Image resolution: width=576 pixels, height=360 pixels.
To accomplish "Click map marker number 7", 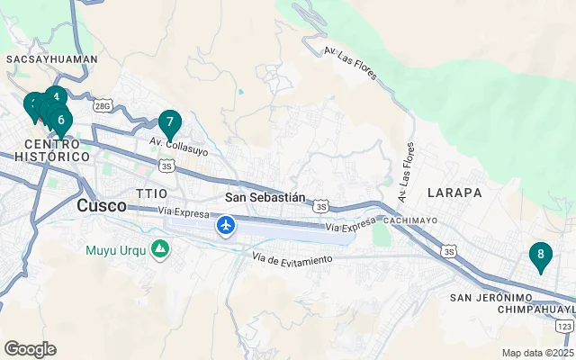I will click(x=169, y=122).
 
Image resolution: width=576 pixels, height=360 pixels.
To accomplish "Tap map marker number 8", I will click(x=540, y=256).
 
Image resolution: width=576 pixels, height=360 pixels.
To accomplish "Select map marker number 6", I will click(x=60, y=119).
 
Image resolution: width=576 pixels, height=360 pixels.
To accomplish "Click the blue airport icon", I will click(x=225, y=224).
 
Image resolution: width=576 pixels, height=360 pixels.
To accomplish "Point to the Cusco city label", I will click(x=101, y=205).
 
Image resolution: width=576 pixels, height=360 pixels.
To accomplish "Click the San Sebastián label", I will click(x=265, y=197).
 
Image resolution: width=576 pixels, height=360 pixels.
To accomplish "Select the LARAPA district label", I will click(x=454, y=193).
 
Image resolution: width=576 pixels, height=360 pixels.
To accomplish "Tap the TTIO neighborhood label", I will click(x=151, y=193).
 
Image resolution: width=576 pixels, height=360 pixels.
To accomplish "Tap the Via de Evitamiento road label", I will click(x=292, y=259).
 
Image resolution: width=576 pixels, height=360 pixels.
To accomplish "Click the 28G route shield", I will click(x=102, y=106).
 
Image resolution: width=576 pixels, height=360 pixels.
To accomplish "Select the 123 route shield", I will click(x=564, y=325).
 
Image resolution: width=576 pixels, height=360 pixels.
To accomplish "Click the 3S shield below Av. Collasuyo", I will click(x=166, y=166).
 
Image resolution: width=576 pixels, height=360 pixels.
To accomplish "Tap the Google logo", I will click(x=30, y=348).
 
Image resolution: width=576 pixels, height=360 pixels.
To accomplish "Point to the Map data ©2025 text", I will click(x=537, y=353).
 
